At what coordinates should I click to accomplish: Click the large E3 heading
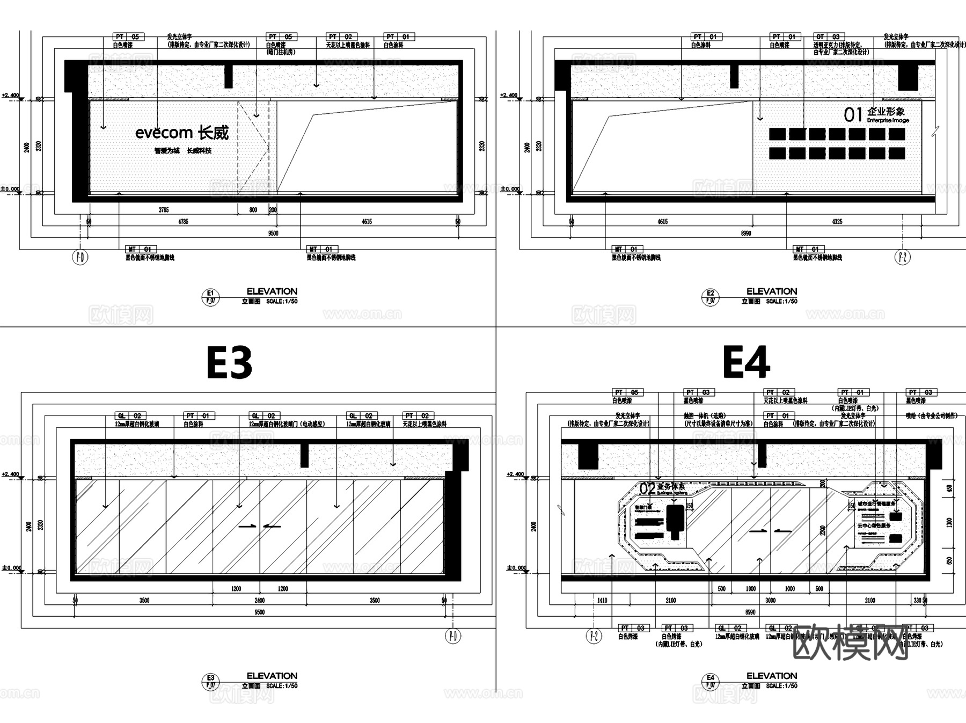[x=229, y=363]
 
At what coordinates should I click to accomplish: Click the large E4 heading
[x=746, y=363]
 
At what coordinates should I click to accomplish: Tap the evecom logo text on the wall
[x=164, y=133]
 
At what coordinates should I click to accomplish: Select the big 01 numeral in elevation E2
[x=853, y=114]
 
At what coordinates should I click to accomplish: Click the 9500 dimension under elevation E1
[x=273, y=233]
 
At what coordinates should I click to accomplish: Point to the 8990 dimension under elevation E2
[x=746, y=233]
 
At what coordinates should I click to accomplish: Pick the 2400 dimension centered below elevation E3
[x=259, y=601]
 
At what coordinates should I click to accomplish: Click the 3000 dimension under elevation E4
[x=770, y=601]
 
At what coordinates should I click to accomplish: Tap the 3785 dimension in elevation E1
[x=164, y=210]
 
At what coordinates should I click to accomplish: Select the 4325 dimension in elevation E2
[x=837, y=222]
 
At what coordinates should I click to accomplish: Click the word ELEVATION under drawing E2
[x=772, y=291]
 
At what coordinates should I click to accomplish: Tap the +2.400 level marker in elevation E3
[x=11, y=474]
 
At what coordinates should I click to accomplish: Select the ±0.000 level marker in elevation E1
[x=11, y=189]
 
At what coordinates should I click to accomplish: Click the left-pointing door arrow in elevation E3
[x=272, y=526]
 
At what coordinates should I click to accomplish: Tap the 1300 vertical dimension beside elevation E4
[x=949, y=522]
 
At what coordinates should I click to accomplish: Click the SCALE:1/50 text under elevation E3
[x=282, y=686]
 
